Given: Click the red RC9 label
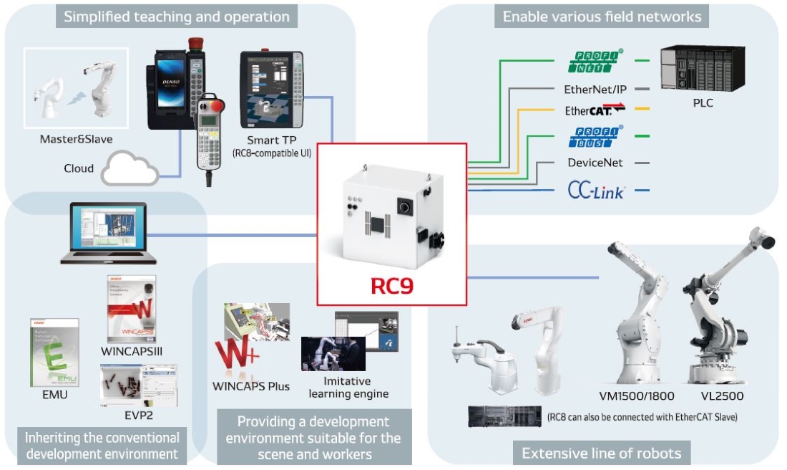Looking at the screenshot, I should (391, 286).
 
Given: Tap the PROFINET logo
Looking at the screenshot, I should (596, 61).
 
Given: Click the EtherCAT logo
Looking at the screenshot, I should (595, 110).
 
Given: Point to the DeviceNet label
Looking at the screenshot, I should (595, 163).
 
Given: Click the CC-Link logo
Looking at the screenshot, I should (595, 191).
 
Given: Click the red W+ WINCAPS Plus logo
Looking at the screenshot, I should (237, 355).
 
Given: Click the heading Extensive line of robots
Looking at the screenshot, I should (601, 453).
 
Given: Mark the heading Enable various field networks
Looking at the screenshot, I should (602, 16).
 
